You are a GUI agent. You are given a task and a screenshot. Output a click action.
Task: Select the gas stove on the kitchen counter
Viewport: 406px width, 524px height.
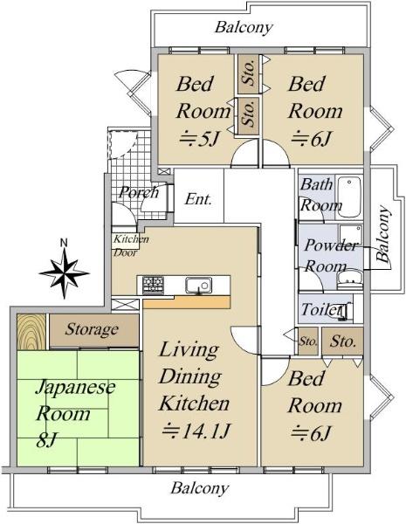(154, 285)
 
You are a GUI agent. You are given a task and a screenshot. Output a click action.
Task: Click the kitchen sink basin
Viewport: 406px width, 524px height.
(198, 285)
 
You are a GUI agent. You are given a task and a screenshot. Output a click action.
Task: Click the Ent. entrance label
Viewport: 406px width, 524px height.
(198, 199)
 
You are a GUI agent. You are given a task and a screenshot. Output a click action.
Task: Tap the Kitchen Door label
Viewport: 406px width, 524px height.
(131, 245)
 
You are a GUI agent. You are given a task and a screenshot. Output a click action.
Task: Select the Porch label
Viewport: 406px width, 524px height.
(140, 192)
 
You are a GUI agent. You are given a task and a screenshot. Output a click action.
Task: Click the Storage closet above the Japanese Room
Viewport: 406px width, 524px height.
(94, 330)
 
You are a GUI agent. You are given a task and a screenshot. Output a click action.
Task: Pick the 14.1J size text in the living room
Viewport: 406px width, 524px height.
(196, 431)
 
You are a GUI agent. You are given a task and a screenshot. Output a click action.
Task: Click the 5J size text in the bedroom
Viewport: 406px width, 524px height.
(201, 138)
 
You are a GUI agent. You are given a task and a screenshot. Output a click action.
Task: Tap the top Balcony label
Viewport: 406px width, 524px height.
(244, 27)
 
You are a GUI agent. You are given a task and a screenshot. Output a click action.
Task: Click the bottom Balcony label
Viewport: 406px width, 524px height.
(200, 488)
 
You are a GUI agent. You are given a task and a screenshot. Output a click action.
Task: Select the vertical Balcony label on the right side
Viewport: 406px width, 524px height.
(383, 234)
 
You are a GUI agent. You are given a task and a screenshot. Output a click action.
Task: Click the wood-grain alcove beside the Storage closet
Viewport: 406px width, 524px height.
(31, 332)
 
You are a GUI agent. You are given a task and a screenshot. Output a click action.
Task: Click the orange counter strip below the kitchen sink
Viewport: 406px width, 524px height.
(187, 302)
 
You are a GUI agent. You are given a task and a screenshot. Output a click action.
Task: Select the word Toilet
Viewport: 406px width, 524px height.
(321, 309)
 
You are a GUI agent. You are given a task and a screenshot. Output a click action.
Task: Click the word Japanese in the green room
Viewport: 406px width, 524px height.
(75, 389)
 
